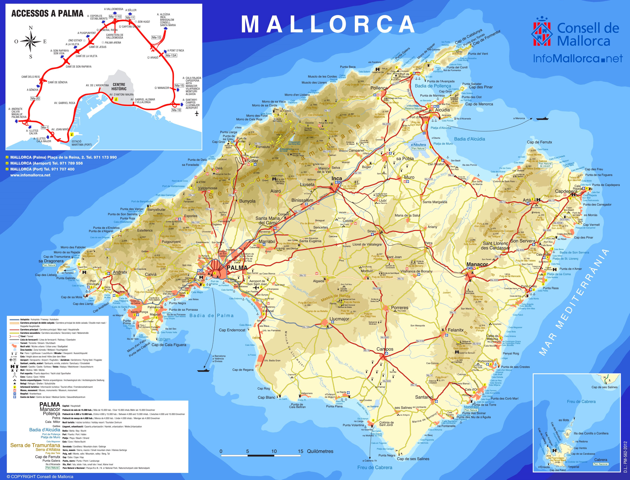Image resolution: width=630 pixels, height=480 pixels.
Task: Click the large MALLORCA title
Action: [328, 25]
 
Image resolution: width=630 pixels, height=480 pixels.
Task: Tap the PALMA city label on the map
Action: [237, 268]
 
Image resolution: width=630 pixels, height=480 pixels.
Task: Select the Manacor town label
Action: [477, 264]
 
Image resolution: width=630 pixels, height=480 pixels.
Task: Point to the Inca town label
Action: [337, 179]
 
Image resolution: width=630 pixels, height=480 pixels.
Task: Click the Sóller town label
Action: [252, 161]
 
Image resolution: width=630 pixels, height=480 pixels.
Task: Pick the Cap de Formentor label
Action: [487, 37]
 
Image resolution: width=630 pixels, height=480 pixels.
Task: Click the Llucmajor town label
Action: [339, 319]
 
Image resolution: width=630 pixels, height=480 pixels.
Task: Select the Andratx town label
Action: [120, 272]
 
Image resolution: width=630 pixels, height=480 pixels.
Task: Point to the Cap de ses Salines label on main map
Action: [413, 459]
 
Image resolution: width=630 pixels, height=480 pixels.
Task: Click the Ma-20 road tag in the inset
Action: [35, 98]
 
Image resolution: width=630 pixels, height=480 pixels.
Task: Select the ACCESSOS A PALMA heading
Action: [47, 14]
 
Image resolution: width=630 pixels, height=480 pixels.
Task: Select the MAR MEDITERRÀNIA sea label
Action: [574, 303]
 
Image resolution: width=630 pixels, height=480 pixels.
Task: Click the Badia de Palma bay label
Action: [211, 315]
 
